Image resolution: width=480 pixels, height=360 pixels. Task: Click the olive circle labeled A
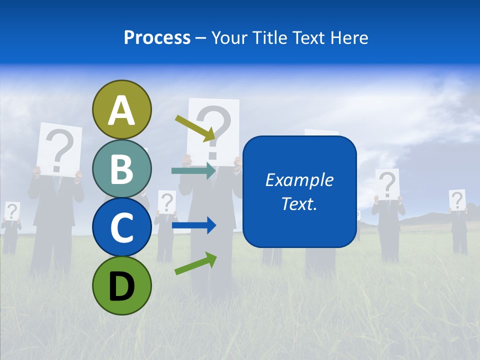pos(121,109)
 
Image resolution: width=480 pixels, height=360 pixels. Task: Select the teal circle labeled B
pos(121,168)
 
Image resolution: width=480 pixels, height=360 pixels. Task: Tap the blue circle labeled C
pos(121,227)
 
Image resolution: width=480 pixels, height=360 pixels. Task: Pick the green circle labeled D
pos(121,285)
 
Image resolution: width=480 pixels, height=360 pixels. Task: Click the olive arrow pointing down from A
pos(195,128)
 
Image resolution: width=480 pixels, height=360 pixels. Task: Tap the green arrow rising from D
pos(195,263)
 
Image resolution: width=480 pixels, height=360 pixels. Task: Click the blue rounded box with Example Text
pos(299,191)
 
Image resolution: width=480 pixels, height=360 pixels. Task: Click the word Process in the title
pos(157,37)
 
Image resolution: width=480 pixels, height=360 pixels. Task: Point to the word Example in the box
pos(299,180)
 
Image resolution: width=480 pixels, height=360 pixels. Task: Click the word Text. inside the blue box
pos(299,203)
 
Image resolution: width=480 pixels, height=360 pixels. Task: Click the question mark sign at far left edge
pos(11,211)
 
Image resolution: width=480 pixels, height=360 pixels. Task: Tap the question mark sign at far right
pos(456,200)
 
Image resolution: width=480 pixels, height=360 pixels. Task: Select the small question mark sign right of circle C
pos(167,202)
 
